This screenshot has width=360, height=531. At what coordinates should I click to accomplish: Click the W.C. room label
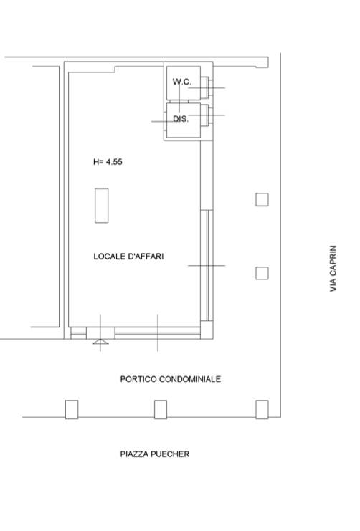click(181, 82)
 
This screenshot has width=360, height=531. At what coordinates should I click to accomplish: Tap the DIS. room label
click(181, 119)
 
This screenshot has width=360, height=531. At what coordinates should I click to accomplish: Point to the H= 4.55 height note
click(108, 162)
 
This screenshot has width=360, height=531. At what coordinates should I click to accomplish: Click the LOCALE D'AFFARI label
click(128, 257)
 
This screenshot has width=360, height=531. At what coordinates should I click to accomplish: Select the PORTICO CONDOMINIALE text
click(171, 379)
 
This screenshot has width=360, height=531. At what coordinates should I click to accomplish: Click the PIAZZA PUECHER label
click(155, 454)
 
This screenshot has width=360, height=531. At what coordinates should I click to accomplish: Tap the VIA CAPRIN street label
click(333, 269)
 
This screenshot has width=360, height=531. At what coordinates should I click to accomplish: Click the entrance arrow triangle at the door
click(100, 342)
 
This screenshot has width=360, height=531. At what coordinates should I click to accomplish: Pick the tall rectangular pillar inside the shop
click(101, 206)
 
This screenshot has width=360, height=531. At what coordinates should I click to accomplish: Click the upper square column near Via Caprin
click(262, 199)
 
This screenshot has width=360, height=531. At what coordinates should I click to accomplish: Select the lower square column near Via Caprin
click(262, 273)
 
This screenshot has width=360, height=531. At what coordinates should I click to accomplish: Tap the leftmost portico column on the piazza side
click(72, 409)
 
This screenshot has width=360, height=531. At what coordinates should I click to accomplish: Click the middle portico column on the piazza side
click(161, 409)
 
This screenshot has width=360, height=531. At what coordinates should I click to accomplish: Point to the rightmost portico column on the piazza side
click(262, 409)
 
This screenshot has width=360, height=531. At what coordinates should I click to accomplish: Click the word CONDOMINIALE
click(190, 379)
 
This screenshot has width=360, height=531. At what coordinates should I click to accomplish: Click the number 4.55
click(114, 162)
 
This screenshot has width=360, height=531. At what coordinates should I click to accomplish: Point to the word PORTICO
click(138, 379)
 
